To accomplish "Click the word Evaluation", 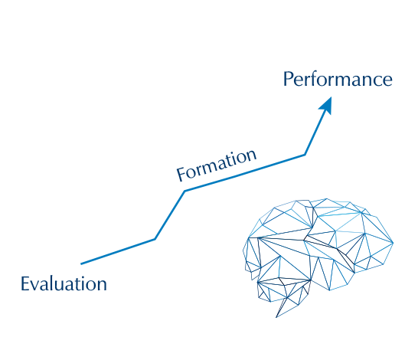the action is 64,283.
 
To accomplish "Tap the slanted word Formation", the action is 217,165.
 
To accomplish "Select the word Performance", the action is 338,79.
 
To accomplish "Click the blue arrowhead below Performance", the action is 326,106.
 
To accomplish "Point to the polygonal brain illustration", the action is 318,258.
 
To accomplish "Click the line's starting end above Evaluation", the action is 81,263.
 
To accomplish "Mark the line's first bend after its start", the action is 155,239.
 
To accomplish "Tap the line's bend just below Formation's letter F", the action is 185,191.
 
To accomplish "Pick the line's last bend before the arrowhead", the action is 305,155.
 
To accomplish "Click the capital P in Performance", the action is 288,79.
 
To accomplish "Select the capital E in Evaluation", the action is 25,283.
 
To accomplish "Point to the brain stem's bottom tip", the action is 276,317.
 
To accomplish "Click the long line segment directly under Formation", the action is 245,173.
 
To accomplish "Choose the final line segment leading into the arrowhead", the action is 315,134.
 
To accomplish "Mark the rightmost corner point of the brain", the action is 393,243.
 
